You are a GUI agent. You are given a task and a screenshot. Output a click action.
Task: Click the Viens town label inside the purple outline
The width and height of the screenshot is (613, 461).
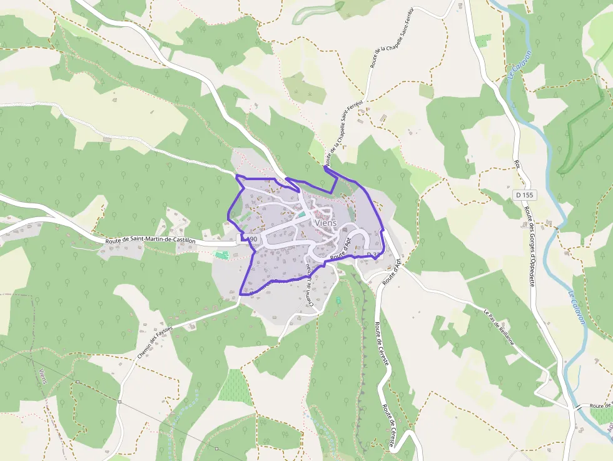pos(326,223)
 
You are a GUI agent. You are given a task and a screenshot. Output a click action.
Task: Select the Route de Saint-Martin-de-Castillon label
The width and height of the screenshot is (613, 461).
pos(151,240)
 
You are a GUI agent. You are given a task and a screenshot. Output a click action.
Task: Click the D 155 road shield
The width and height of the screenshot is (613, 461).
pos(524,195)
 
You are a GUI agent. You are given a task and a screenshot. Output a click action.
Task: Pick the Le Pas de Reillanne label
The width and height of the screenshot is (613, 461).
pos(499,327)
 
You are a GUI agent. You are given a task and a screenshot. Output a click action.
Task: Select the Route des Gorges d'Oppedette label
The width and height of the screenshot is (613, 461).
pos(529,246)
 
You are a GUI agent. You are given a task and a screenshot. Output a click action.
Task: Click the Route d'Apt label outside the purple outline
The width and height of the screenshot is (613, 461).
pos(392,271)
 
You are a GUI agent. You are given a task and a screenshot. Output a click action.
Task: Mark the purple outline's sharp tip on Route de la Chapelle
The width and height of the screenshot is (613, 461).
pos(325,167)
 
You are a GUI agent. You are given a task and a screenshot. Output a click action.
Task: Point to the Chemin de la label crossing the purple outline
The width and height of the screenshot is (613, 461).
pos(309,285)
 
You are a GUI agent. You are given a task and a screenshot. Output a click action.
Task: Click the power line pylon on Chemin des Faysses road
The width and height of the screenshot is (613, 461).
pos(78,382)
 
